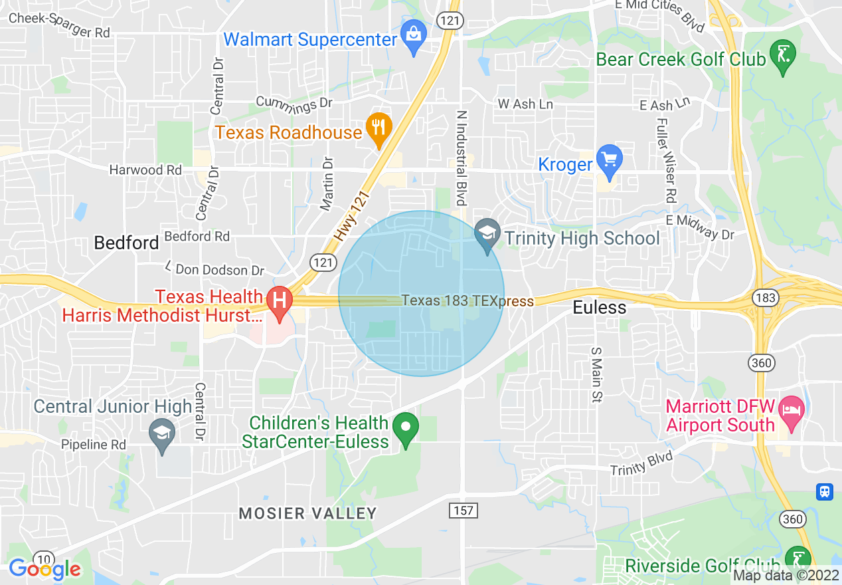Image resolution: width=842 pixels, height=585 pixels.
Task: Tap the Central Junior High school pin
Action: pos(163,434)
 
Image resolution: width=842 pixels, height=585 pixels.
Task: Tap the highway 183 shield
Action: pos(766,298)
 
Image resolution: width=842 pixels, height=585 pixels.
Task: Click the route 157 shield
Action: pos(463,511)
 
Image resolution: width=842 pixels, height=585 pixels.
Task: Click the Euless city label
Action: pos(600,307)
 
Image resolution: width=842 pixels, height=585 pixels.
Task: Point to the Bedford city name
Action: pos(126,243)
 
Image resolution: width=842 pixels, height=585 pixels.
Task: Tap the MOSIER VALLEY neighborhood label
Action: pos(307,513)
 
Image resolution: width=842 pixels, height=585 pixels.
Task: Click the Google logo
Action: pos(44,569)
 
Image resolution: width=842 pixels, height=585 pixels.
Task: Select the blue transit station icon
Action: pos(824,491)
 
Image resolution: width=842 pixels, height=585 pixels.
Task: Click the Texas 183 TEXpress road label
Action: pos(467,301)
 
